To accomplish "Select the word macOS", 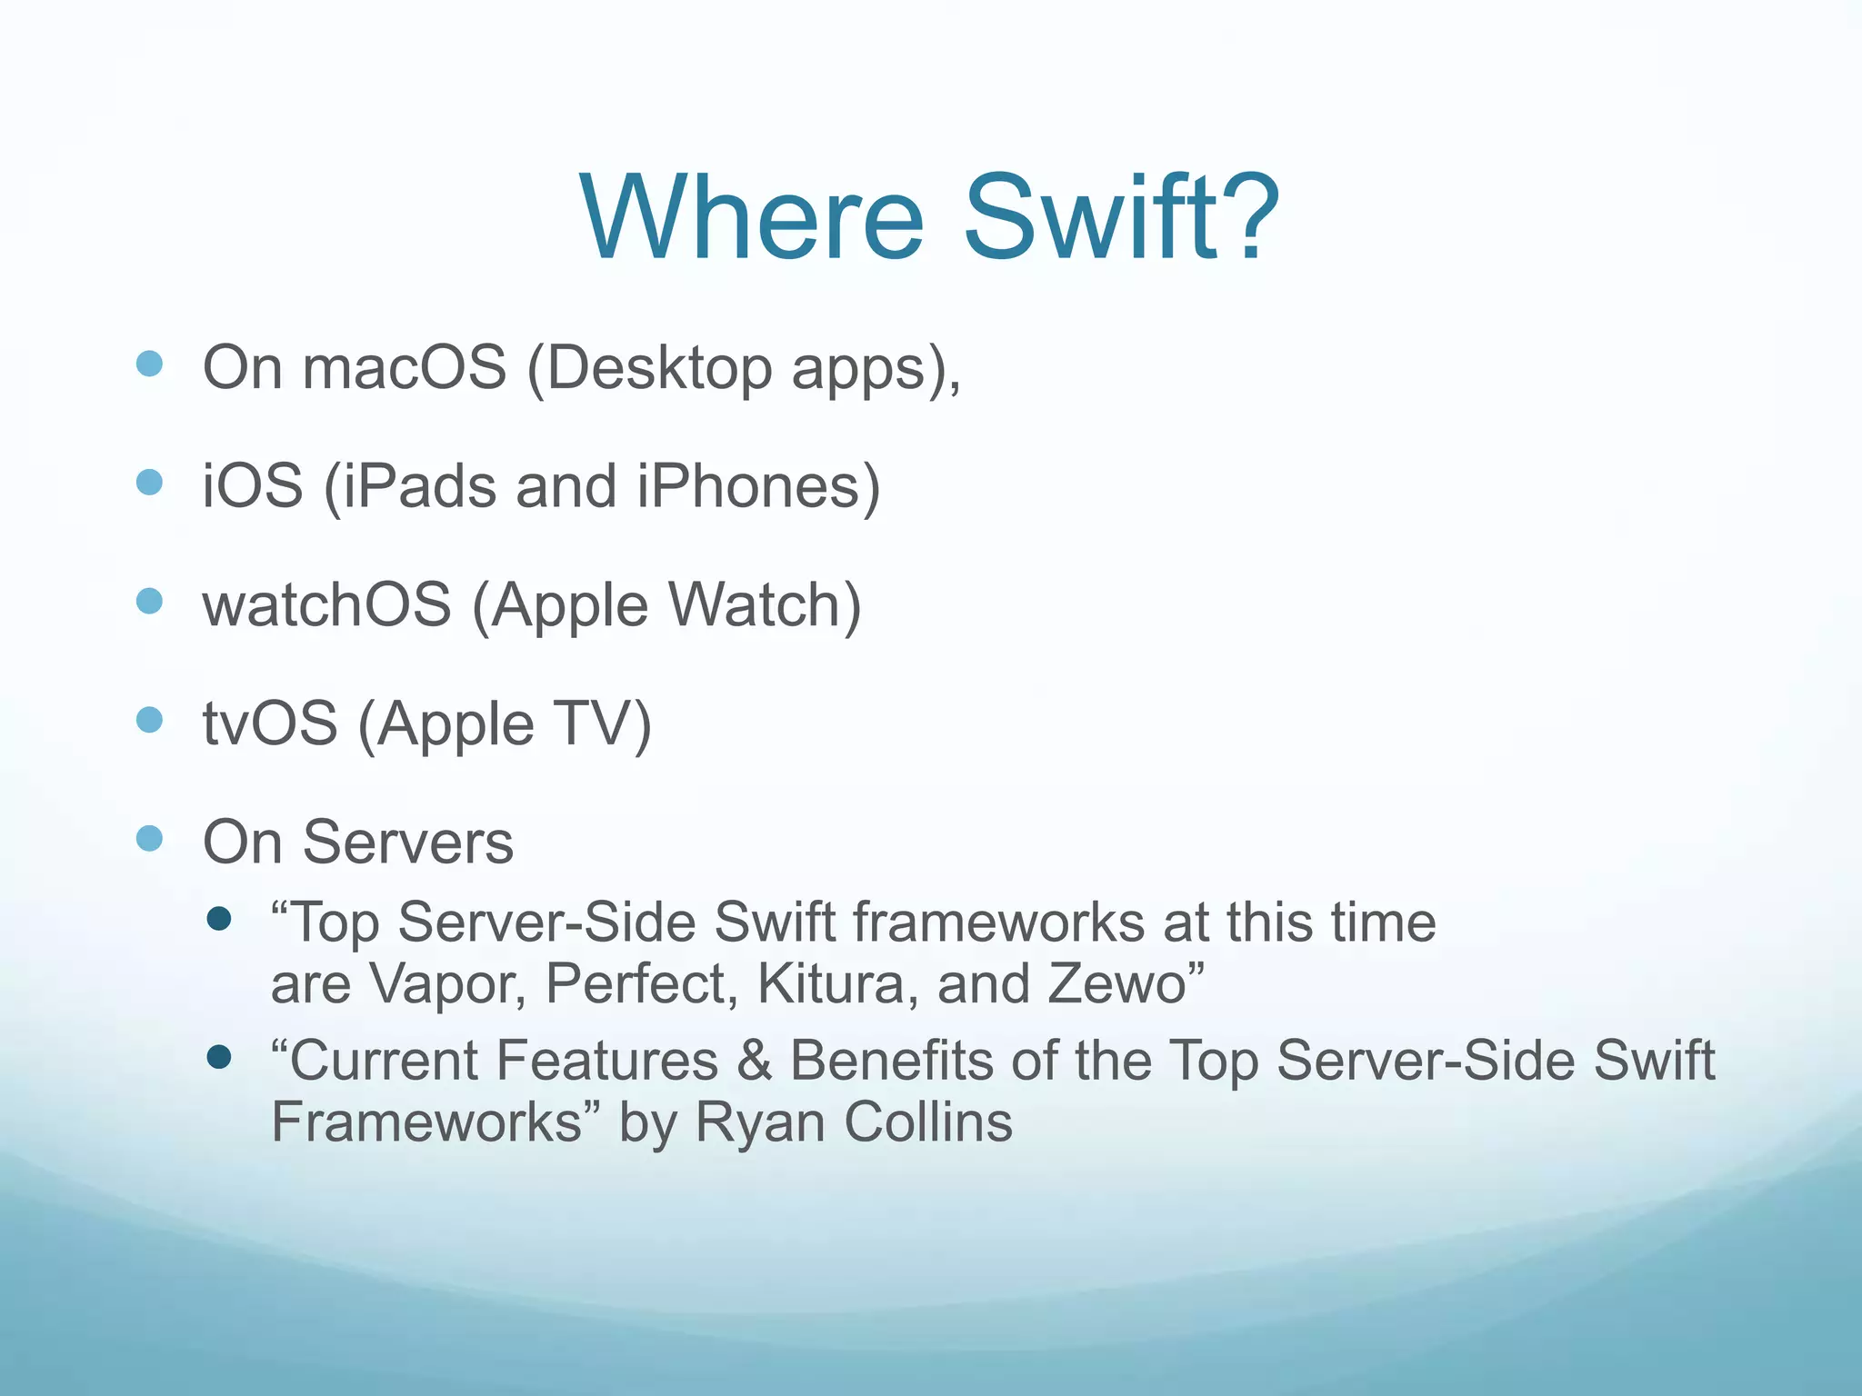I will tap(404, 368).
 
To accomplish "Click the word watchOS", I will tap(326, 604).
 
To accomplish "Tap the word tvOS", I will tap(269, 724).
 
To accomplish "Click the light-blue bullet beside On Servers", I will tap(149, 838).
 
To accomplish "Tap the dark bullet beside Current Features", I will tap(219, 1057).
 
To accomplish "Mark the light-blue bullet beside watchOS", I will tap(149, 601).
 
